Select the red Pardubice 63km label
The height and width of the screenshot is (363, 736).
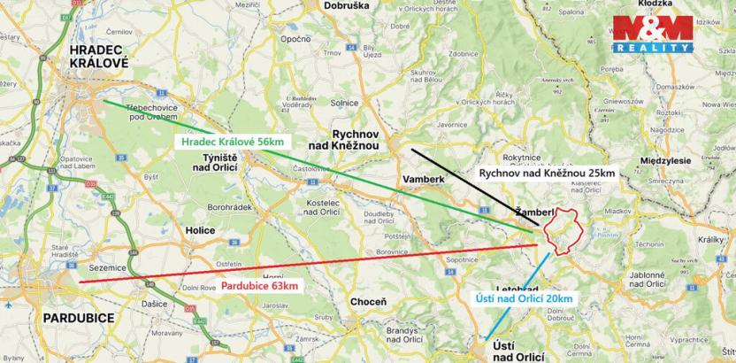point(259,285)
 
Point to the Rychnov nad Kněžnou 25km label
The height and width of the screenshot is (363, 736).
point(546,174)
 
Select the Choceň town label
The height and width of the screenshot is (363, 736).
point(368,302)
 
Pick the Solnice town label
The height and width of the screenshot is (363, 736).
point(344,103)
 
